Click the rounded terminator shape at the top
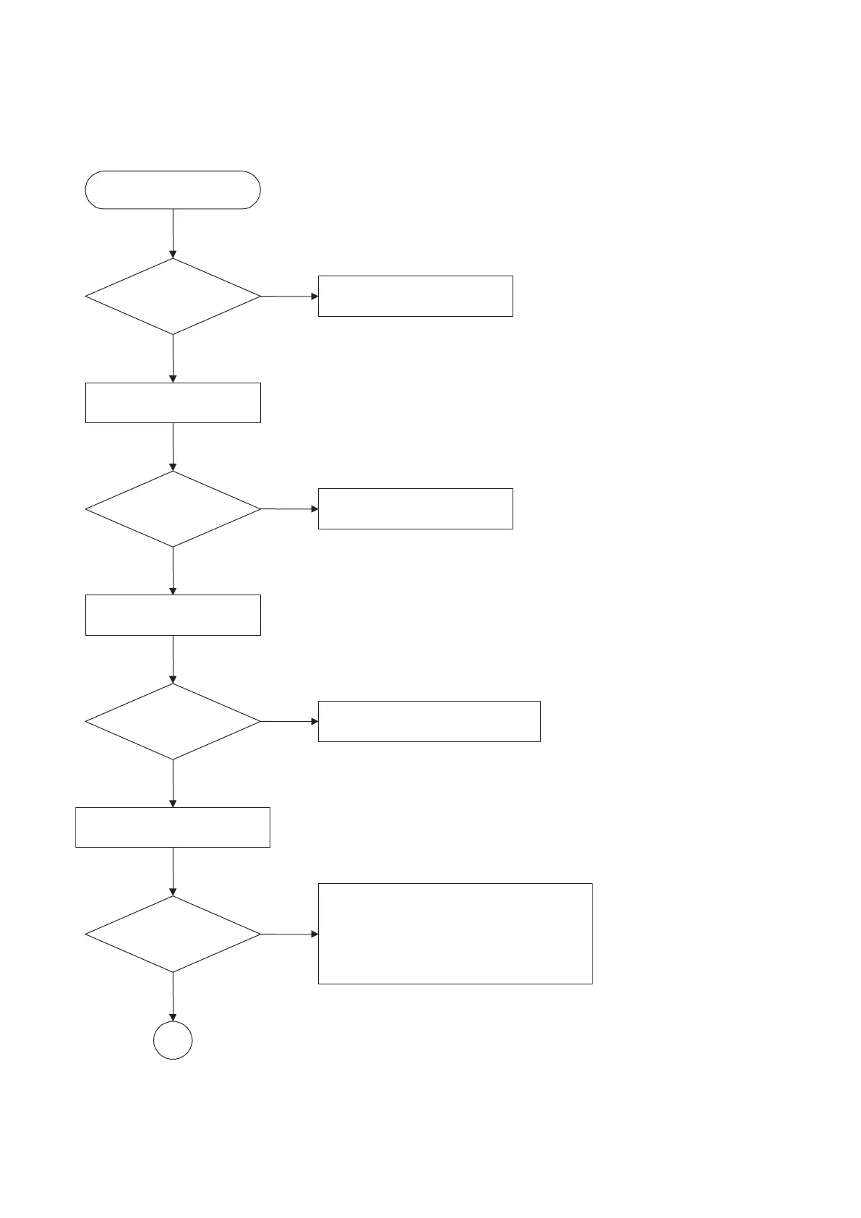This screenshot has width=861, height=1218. (173, 190)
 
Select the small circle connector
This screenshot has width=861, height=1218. (173, 1041)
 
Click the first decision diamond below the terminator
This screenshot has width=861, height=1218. (173, 297)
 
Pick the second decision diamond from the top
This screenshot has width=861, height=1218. (173, 509)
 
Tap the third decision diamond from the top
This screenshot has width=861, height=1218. (173, 722)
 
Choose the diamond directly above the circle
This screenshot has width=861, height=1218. (173, 934)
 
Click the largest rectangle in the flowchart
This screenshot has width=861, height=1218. (455, 933)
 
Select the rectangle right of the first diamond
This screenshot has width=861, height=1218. (415, 296)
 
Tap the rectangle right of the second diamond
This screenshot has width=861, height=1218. (415, 508)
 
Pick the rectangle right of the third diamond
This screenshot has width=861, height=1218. (429, 721)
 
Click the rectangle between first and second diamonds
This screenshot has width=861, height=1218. (173, 403)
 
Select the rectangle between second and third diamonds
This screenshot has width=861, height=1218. (173, 615)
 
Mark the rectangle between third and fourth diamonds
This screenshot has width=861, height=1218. (173, 827)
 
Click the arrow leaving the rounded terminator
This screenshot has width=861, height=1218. (173, 233)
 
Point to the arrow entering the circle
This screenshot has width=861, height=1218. (173, 997)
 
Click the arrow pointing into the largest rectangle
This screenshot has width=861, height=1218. (289, 934)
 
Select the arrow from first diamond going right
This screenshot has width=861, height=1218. (289, 297)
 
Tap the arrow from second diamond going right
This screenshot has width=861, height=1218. (289, 509)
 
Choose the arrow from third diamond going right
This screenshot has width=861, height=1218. (289, 722)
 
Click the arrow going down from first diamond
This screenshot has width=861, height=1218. (173, 358)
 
